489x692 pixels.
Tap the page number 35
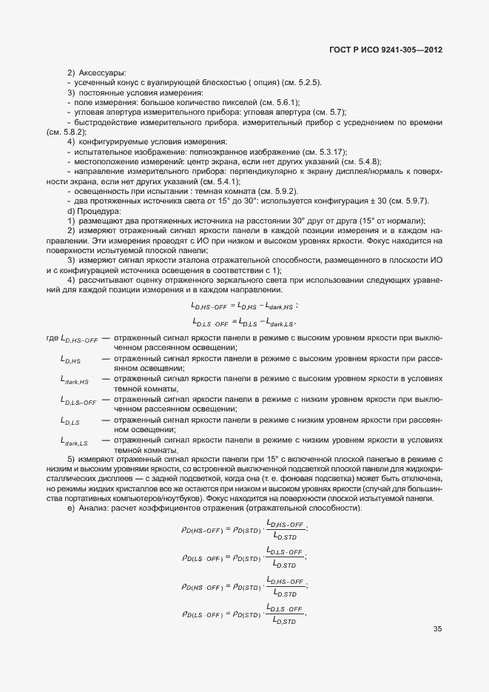(x=437, y=629)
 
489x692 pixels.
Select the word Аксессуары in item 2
(x=102, y=73)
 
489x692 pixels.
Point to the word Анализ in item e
(x=92, y=510)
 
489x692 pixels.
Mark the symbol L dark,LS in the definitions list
(x=74, y=442)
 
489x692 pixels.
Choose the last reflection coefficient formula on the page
(x=243, y=614)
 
